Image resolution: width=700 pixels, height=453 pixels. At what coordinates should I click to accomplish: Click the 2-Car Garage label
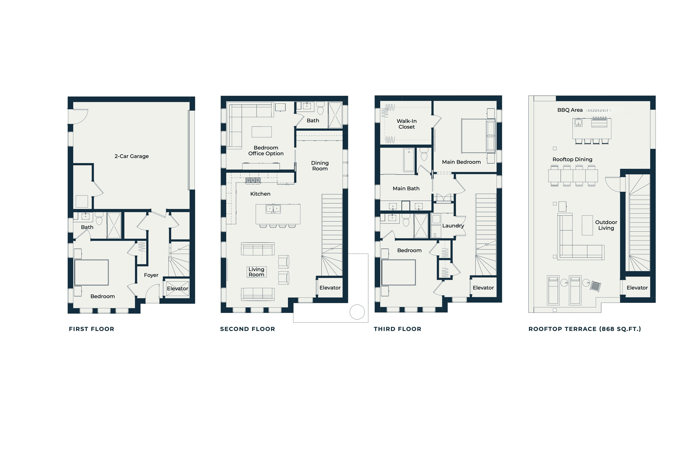(x=131, y=156)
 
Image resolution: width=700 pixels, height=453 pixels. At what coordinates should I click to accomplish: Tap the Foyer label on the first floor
(x=151, y=275)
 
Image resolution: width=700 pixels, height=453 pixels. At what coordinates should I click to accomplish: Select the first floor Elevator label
(x=177, y=289)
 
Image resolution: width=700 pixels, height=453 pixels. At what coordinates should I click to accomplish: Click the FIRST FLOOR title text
(x=92, y=329)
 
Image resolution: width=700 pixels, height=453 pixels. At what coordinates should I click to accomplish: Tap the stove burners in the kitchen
(x=253, y=180)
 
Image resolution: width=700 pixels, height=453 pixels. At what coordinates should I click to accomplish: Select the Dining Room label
(x=320, y=166)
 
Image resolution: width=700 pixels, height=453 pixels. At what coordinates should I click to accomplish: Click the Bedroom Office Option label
(x=266, y=151)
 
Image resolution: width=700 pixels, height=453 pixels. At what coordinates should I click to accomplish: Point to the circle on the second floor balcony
(x=357, y=312)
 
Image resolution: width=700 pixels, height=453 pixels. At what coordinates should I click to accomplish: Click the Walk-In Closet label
(x=407, y=124)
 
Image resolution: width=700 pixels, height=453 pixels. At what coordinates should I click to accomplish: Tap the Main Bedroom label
(x=461, y=162)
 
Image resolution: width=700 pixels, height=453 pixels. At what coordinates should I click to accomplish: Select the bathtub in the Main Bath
(x=409, y=160)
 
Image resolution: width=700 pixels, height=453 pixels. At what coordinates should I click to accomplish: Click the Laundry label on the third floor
(x=453, y=226)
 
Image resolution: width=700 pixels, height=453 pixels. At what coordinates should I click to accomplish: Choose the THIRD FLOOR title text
(x=397, y=329)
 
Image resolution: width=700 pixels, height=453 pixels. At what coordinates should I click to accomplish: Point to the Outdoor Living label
(x=606, y=225)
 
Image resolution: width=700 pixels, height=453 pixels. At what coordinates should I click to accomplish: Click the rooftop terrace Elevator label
(x=637, y=288)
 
